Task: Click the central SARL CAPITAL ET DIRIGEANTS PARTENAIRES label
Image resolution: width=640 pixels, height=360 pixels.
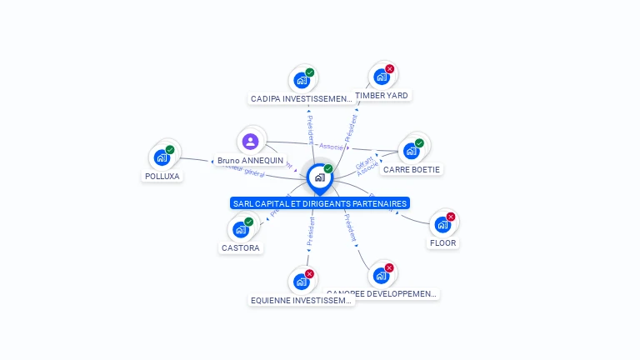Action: [x=320, y=203]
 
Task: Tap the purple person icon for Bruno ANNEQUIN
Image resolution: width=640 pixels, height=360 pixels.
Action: [x=251, y=142]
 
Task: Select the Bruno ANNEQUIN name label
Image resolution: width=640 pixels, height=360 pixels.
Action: [x=250, y=160]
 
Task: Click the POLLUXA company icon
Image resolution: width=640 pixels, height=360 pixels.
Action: [x=162, y=157]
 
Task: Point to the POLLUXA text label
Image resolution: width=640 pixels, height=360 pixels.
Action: [x=162, y=176]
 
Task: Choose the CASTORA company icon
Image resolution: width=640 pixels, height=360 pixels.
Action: [x=241, y=229]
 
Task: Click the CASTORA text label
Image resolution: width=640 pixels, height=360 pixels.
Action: [x=241, y=247]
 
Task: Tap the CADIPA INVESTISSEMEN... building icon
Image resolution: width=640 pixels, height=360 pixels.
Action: [x=302, y=80]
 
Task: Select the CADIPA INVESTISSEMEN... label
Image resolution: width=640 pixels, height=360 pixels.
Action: [x=302, y=98]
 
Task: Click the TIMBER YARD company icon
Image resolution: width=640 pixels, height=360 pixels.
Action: [x=382, y=77]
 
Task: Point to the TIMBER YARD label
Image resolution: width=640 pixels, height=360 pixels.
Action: [x=382, y=95]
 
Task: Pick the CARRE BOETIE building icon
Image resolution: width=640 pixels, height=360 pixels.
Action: [x=411, y=151]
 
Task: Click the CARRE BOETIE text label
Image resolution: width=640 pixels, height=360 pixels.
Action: [x=411, y=169]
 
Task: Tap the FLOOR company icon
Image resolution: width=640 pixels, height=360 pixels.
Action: [x=442, y=224]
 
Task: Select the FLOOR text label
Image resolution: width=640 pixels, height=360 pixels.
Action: [x=442, y=243]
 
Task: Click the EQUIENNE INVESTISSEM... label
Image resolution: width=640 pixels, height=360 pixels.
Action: [x=302, y=300]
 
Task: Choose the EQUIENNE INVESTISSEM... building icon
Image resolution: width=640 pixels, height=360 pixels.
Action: [x=302, y=282]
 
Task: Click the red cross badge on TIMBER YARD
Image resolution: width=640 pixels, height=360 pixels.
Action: [x=389, y=69]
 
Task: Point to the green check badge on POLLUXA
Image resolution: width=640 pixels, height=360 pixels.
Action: [x=170, y=150]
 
